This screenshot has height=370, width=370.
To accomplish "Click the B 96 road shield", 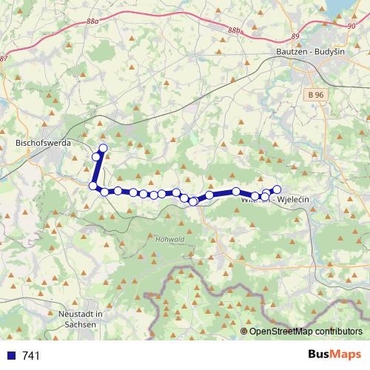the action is tap(316, 95).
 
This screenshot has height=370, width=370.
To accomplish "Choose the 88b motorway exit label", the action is tap(235, 30).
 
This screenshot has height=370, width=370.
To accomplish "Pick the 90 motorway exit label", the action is tap(350, 26).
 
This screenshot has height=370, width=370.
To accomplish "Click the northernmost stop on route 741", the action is tap(103, 149).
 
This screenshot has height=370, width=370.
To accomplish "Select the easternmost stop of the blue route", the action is tap(277, 189).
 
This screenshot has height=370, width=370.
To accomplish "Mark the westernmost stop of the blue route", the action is tap(92, 186).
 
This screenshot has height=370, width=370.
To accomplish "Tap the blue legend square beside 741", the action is tap(10, 356).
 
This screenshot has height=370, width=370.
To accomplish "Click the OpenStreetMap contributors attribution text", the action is tap(306, 332).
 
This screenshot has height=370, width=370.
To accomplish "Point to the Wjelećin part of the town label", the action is tap(294, 200).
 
